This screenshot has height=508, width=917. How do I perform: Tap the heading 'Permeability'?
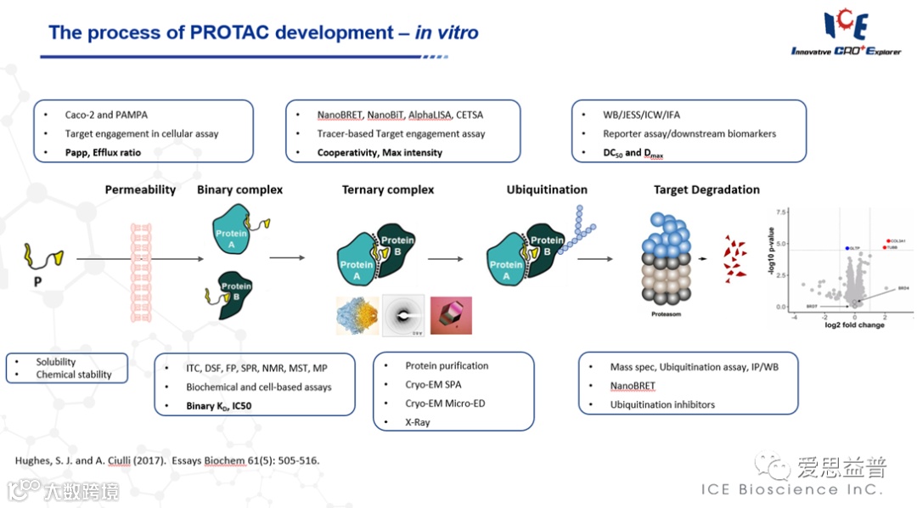pyautogui.click(x=141, y=189)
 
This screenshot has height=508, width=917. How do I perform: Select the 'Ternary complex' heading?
pyautogui.click(x=387, y=189)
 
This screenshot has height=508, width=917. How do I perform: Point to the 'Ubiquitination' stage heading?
pyautogui.click(x=547, y=189)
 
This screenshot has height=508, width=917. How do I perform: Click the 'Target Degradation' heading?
pyautogui.click(x=706, y=189)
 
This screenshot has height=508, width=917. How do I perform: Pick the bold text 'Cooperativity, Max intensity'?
pyautogui.click(x=380, y=153)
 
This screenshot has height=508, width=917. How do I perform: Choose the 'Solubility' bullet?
pyautogui.click(x=56, y=362)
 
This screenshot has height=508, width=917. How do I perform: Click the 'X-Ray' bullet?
pyautogui.click(x=418, y=422)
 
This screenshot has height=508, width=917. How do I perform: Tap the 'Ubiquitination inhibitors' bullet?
pyautogui.click(x=662, y=404)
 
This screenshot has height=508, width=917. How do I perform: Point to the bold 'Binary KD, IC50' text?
pyautogui.click(x=218, y=406)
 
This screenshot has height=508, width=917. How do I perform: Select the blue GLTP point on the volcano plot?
pyautogui.click(x=847, y=248)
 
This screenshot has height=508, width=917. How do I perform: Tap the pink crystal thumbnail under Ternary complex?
pyautogui.click(x=451, y=315)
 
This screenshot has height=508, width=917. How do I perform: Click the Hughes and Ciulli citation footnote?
pyautogui.click(x=167, y=460)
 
